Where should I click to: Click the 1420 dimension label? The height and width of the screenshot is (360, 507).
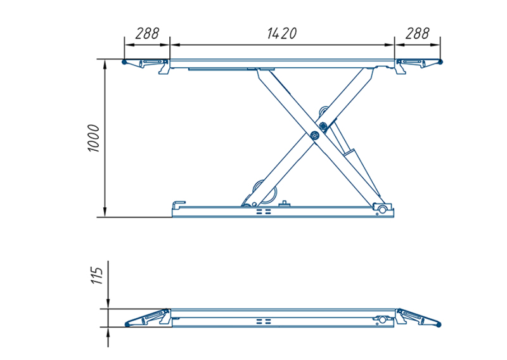point(281,34)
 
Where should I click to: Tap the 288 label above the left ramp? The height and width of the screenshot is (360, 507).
point(147,34)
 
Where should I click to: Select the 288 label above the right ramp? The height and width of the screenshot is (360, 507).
point(418,34)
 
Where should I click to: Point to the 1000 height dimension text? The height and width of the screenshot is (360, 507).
point(94,138)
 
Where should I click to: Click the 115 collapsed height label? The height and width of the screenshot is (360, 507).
point(97,276)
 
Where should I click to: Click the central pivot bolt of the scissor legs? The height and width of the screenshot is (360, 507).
point(314,135)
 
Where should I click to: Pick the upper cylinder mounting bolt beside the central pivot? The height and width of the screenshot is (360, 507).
point(323,125)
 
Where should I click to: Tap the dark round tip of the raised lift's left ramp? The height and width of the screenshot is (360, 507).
point(124,61)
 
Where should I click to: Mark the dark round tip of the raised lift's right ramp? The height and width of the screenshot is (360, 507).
point(440,61)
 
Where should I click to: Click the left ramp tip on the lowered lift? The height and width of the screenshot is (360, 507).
point(127,325)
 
